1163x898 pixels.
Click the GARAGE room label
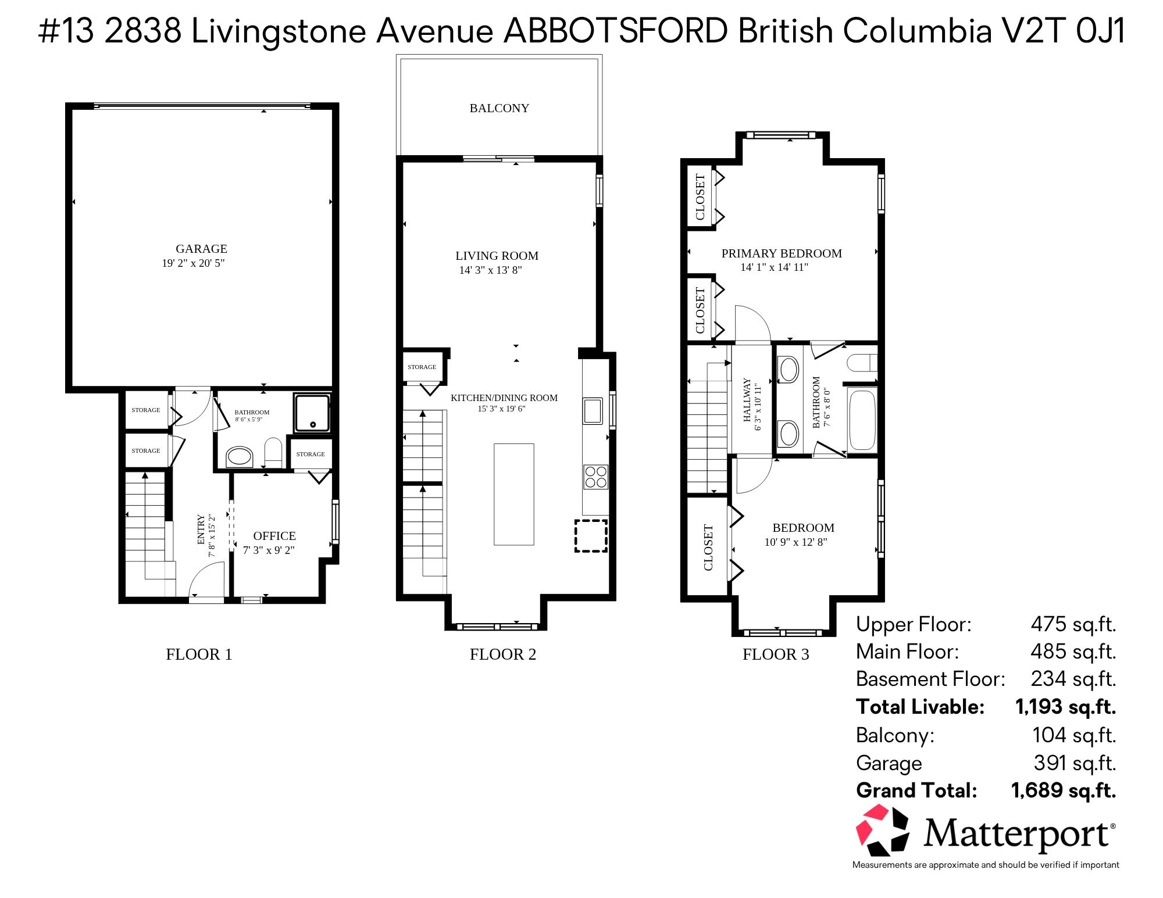coord(201,249)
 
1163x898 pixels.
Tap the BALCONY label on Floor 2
coord(500,108)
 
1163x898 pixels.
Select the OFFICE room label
coord(274,536)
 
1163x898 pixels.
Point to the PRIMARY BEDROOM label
coord(782,253)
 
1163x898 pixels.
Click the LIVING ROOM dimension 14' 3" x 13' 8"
coord(491,270)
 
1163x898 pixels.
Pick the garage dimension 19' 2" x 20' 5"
coord(193,263)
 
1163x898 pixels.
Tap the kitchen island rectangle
coord(514,494)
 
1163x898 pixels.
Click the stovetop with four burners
coord(595,477)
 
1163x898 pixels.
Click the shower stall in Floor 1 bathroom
coord(313,413)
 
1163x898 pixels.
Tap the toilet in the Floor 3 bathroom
coord(862,363)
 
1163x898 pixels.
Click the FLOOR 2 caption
coord(503,654)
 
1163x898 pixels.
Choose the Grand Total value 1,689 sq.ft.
coord(1064,791)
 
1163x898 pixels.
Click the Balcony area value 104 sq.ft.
coord(1074,735)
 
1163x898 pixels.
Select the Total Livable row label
coord(920,707)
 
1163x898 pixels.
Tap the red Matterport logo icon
coord(882,831)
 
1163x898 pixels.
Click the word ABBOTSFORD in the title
coord(615,31)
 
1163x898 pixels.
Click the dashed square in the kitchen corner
coord(591,536)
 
